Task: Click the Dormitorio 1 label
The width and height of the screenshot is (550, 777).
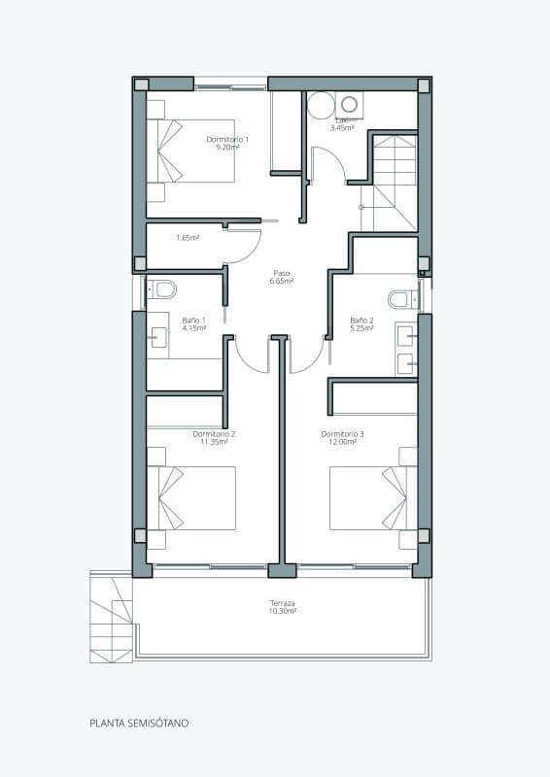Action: pos(227,140)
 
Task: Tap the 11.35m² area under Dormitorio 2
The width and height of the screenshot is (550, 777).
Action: pos(214,442)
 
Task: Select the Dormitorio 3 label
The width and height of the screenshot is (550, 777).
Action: pos(342,434)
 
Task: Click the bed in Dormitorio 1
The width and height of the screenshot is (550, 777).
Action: pos(199,151)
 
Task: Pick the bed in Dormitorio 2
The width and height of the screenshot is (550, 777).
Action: pos(199,497)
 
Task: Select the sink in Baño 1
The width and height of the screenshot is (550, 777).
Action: pos(157,337)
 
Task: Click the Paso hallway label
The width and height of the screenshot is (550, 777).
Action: pos(282,273)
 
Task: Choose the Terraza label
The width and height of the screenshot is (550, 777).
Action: pos(283,603)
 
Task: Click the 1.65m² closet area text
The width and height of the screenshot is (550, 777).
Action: pos(188,238)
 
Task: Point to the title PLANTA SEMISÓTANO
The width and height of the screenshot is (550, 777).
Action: pos(139,724)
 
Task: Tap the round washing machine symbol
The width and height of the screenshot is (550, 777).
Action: pos(321,106)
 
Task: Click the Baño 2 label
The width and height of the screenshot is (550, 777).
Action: pos(361,320)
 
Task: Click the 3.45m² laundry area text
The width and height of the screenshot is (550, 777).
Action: pos(341,128)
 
